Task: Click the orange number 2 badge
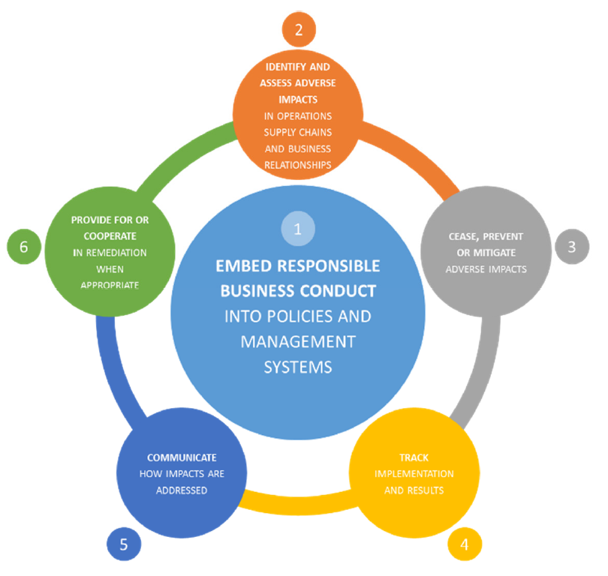tap(298, 30)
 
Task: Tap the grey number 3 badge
tap(571, 247)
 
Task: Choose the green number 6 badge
tap(24, 247)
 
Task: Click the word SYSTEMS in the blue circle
tap(297, 367)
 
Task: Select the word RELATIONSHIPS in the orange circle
tap(297, 165)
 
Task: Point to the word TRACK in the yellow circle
tap(414, 457)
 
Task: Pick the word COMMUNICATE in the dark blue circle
tap(182, 457)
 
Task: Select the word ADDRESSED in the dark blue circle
tap(182, 490)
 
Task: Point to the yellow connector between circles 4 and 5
tap(300, 503)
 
